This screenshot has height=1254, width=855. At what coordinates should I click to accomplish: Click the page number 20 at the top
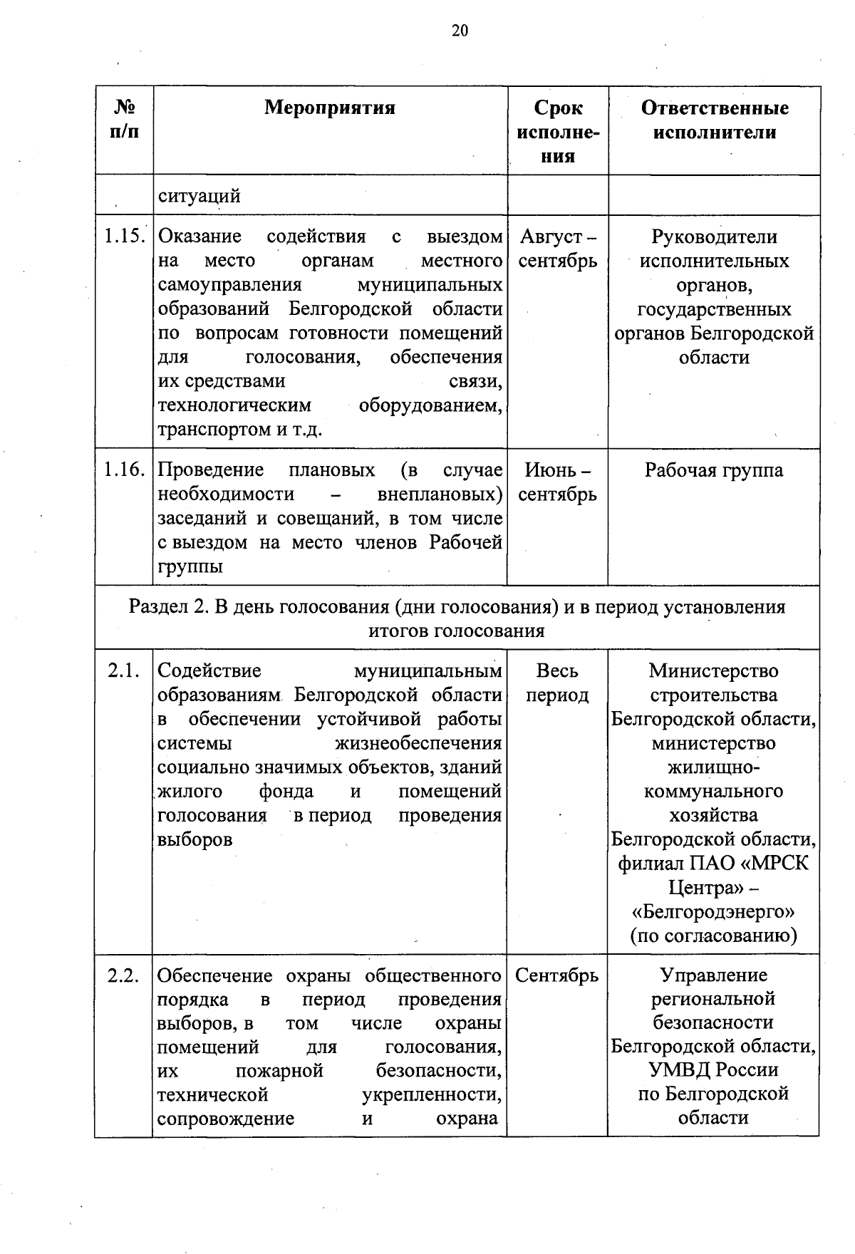[x=460, y=31]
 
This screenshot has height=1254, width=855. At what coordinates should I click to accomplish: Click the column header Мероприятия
[x=330, y=108]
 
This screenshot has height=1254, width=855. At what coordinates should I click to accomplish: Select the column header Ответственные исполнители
[x=715, y=120]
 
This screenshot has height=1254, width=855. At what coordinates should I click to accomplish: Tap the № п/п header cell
[x=125, y=120]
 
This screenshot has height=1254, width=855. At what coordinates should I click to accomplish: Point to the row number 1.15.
[x=125, y=237]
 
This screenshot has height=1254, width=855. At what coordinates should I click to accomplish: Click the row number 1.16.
[x=125, y=470]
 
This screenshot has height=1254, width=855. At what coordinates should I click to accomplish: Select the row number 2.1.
[x=123, y=671]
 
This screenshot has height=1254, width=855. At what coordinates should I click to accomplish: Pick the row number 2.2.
[x=123, y=975]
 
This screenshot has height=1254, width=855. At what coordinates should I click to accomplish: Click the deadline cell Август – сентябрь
[x=558, y=249]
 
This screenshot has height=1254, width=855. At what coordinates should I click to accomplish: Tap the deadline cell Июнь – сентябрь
[x=558, y=482]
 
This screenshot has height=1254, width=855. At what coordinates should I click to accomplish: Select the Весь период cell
[x=558, y=683]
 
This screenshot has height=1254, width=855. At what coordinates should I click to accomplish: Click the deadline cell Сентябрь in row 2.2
[x=557, y=975]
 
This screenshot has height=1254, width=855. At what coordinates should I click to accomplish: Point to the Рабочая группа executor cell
[x=714, y=470]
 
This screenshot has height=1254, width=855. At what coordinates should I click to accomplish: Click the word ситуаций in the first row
[x=199, y=196]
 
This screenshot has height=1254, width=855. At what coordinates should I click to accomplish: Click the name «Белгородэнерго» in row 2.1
[x=714, y=912]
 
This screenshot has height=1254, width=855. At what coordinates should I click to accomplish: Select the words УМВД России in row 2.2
[x=714, y=1070]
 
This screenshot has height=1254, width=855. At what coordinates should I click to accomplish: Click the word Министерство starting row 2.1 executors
[x=714, y=671]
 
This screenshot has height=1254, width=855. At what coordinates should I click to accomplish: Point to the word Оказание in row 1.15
[x=199, y=237]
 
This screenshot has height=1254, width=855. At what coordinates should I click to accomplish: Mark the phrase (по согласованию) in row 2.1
[x=714, y=936]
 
